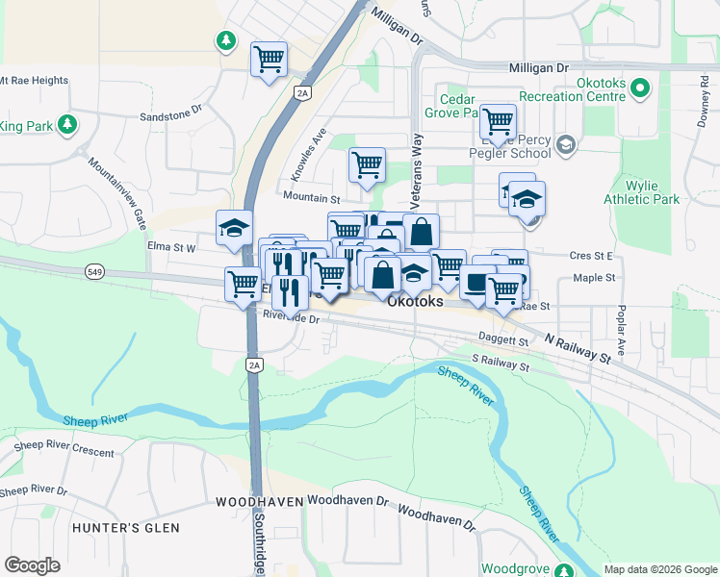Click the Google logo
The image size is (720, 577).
point(32,565)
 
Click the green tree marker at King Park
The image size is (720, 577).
point(66,125)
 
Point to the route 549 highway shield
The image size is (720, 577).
point(94,272)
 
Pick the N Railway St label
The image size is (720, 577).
point(578,347)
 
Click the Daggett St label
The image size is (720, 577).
point(503,339)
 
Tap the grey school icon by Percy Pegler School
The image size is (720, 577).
point(565,144)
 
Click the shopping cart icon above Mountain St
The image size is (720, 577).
point(367,165)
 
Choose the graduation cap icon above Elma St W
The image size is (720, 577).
point(234,228)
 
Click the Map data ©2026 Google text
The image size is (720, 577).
point(660,569)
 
